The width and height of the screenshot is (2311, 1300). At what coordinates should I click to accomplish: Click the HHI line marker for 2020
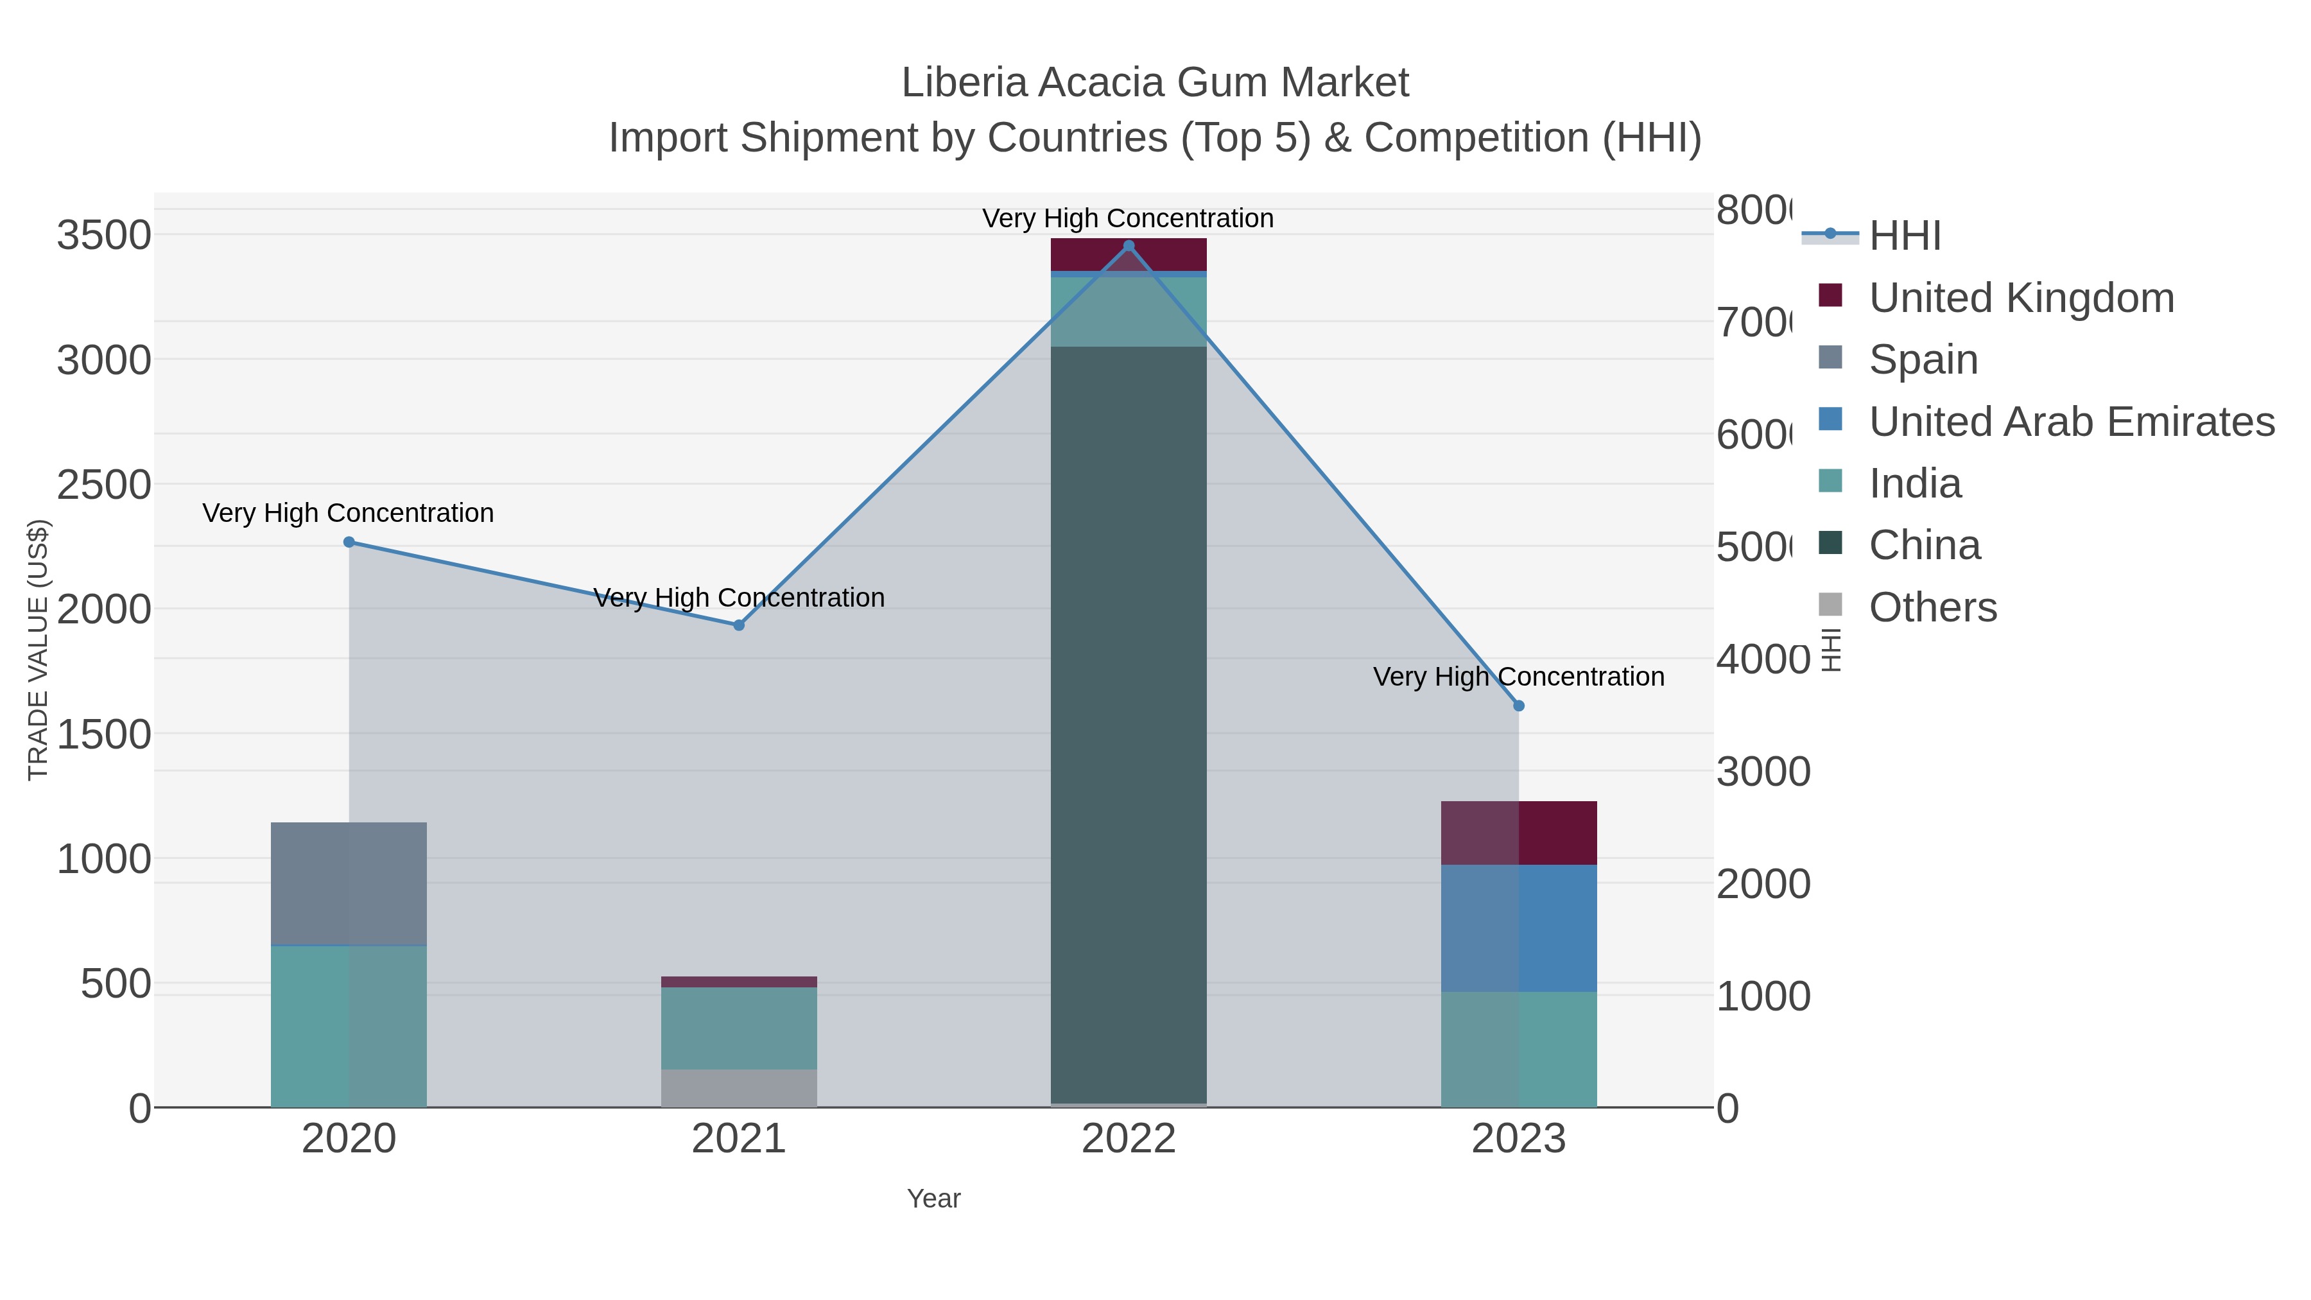pyautogui.click(x=349, y=542)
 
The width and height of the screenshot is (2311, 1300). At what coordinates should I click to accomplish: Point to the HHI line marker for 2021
pyautogui.click(x=740, y=625)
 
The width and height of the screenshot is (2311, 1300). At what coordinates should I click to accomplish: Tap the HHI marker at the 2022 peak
pyautogui.click(x=1129, y=245)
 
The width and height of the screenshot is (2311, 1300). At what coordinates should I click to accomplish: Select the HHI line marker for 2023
pyautogui.click(x=1519, y=706)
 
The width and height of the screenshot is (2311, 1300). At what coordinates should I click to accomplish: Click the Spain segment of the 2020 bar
pyautogui.click(x=349, y=884)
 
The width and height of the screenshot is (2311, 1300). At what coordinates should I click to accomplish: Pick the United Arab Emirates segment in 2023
pyautogui.click(x=1519, y=928)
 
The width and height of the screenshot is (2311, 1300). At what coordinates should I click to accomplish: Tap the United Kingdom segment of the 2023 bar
pyautogui.click(x=1519, y=833)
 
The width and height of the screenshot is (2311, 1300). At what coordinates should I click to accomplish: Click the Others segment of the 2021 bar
pyautogui.click(x=740, y=1088)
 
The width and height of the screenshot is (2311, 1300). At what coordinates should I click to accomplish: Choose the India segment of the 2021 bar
pyautogui.click(x=740, y=1028)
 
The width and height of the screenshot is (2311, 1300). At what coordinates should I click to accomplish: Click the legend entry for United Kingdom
pyautogui.click(x=2021, y=298)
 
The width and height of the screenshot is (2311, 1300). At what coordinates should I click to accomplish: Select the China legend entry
pyautogui.click(x=1925, y=546)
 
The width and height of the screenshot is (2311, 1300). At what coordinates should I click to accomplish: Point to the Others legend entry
pyautogui.click(x=1932, y=607)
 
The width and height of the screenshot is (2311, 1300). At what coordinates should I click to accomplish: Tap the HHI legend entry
pyautogui.click(x=1905, y=236)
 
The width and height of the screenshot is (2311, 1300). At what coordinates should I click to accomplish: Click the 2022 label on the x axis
pyautogui.click(x=1129, y=1140)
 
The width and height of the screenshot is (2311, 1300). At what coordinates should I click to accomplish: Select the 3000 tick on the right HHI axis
pyautogui.click(x=1763, y=772)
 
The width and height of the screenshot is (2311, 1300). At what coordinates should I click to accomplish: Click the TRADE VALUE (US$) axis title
pyautogui.click(x=38, y=650)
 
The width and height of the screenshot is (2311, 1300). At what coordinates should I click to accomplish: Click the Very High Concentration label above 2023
pyautogui.click(x=1519, y=677)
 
